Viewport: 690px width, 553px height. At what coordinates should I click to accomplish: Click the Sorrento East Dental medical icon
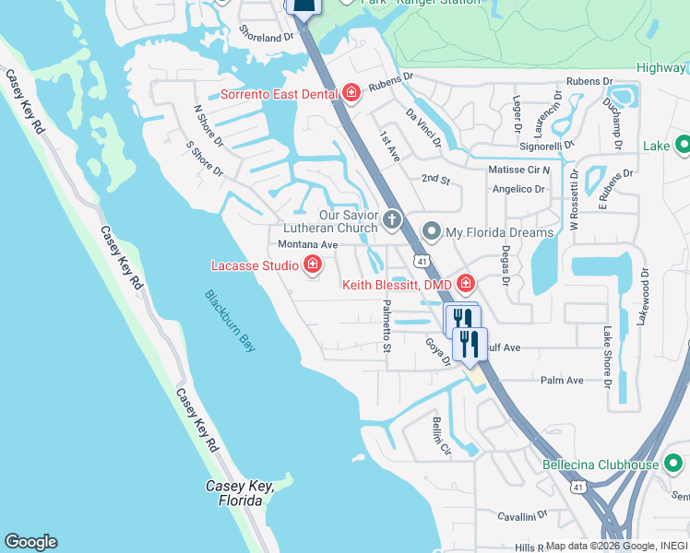pyautogui.click(x=351, y=92)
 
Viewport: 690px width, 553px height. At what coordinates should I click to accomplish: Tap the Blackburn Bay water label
pyautogui.click(x=231, y=321)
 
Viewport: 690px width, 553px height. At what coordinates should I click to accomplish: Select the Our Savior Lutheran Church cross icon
pyautogui.click(x=393, y=219)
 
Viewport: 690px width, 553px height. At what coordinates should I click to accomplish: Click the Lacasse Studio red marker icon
pyautogui.click(x=313, y=265)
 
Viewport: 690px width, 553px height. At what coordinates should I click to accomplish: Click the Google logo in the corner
pyautogui.click(x=30, y=542)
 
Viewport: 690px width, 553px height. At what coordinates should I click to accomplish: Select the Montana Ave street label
pyautogui.click(x=308, y=244)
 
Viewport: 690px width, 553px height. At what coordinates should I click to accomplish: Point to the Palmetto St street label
pyautogui.click(x=387, y=326)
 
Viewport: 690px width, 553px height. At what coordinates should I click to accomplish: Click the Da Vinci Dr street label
pyautogui.click(x=424, y=128)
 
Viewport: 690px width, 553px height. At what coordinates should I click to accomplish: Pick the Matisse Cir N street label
pyautogui.click(x=518, y=170)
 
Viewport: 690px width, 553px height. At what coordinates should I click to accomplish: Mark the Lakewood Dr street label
pyautogui.click(x=644, y=297)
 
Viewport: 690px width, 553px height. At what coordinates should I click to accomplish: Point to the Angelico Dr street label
pyautogui.click(x=517, y=189)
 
